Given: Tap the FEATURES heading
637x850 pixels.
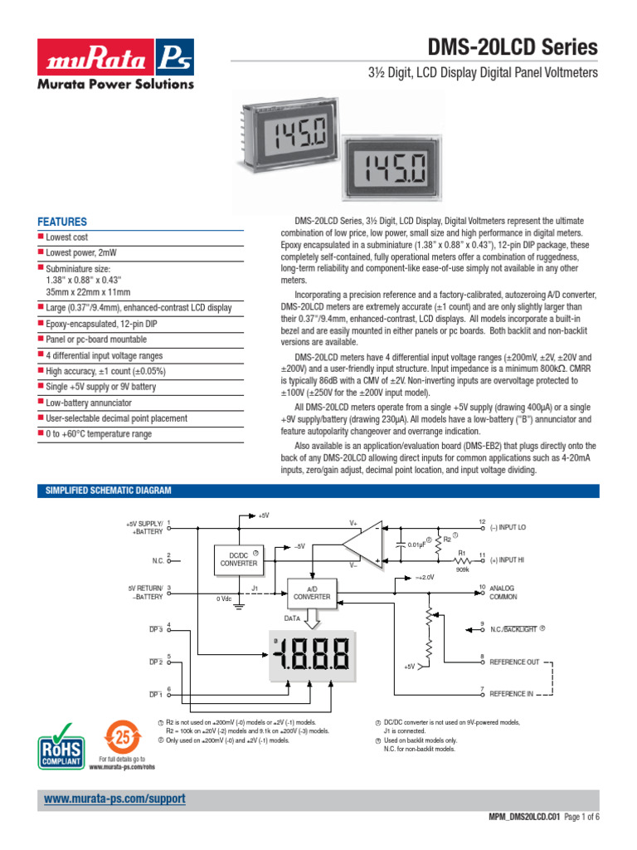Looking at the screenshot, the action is click(62, 222).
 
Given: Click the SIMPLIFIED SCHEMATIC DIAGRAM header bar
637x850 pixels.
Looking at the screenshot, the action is click(318, 491).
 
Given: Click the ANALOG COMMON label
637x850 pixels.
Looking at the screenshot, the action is click(503, 593).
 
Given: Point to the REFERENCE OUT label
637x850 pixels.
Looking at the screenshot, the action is click(514, 662).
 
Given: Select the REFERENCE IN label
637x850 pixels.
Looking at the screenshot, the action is click(511, 693).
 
